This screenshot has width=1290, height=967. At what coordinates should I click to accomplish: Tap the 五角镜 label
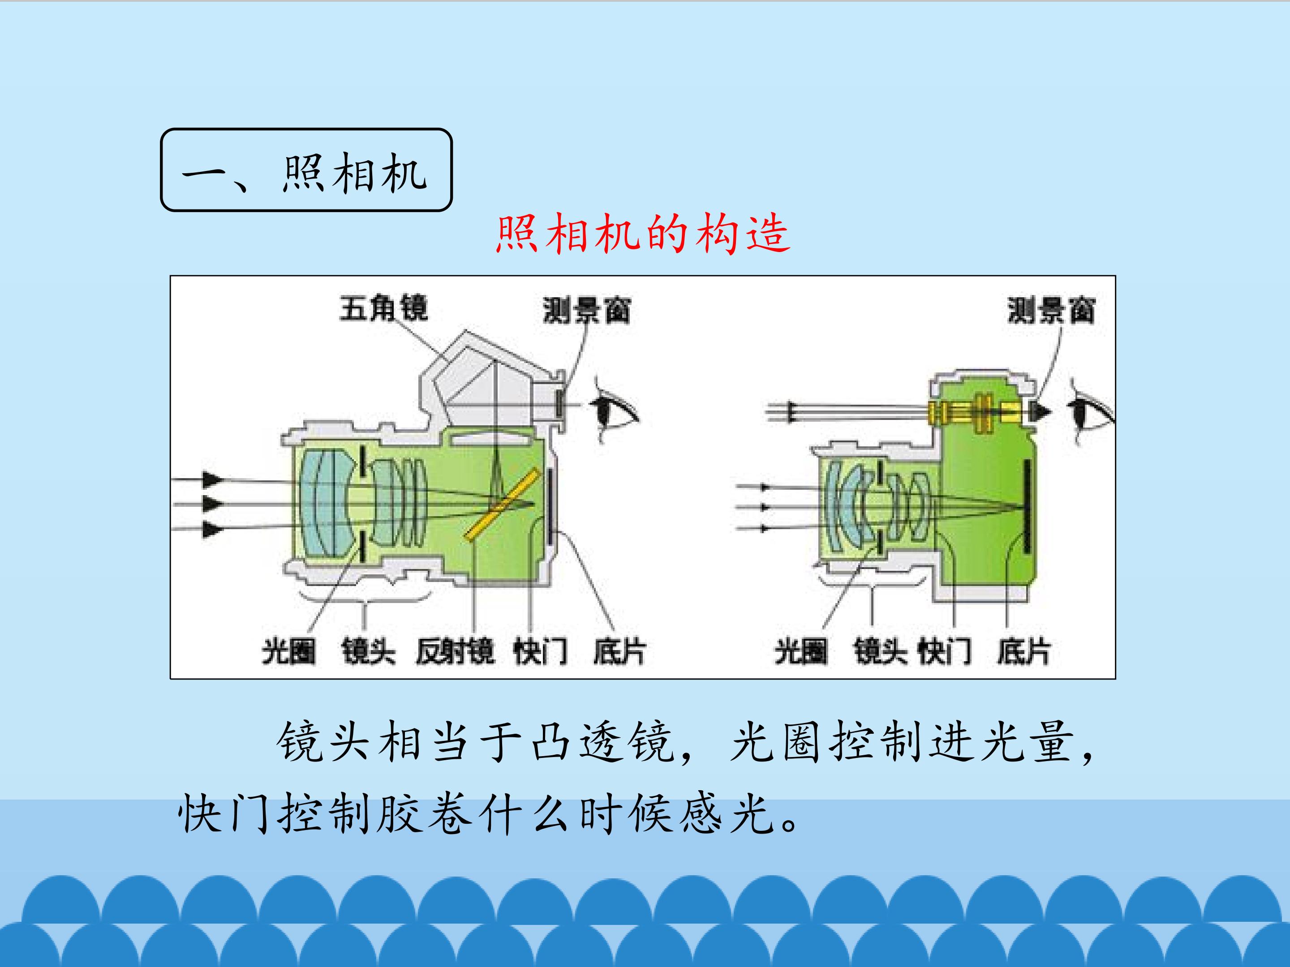tap(384, 308)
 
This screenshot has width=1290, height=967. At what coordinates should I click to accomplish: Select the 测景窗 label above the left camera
tap(587, 310)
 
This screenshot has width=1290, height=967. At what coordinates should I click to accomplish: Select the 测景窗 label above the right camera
tap(1051, 310)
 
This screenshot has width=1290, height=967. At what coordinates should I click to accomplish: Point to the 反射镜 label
tap(456, 651)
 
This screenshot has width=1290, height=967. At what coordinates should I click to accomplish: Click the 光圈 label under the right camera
tap(801, 651)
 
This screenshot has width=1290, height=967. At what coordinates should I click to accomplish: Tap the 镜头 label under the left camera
tap(369, 651)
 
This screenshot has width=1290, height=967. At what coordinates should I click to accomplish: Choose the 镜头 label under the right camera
tap(881, 651)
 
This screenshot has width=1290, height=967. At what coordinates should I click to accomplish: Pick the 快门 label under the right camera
tap(945, 651)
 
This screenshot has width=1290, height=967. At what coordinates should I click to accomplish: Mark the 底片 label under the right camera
tap(1023, 651)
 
